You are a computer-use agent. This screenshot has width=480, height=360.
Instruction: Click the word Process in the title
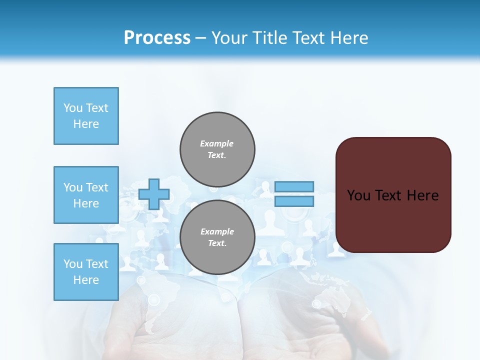coord(157,37)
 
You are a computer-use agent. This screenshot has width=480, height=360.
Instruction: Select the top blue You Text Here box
coord(86,116)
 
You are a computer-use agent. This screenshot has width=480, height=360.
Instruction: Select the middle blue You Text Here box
coord(86,195)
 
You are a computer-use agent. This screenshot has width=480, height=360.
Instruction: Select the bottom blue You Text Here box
coord(86,272)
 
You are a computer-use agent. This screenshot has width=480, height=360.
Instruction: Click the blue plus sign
coord(154,194)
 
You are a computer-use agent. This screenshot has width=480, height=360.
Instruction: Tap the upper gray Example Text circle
coord(217,149)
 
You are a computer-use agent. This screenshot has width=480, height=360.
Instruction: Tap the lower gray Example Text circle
coord(217,237)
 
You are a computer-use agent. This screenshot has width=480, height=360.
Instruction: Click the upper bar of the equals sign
coord(294,186)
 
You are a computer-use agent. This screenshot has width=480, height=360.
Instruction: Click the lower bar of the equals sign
coord(294,201)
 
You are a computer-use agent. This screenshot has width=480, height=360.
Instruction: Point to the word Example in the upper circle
coord(217,143)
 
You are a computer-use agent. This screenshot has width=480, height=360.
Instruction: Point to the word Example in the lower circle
coord(217,231)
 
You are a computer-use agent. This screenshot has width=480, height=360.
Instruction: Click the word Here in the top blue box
coord(86,124)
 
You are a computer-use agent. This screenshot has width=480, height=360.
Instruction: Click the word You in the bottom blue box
coord(73,264)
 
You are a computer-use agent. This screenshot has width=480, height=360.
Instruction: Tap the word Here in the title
coord(348,38)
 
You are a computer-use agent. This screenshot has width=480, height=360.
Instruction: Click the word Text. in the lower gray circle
coord(217,243)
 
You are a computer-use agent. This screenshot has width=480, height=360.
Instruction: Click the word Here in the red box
coord(422,195)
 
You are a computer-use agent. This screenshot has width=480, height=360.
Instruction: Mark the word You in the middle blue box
coord(73,187)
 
